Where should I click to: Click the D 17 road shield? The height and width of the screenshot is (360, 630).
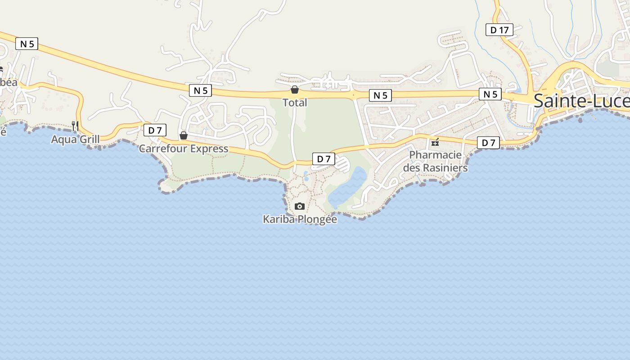[499, 30]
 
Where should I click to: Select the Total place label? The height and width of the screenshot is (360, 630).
[295, 103]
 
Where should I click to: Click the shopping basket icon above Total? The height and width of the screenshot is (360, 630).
[295, 90]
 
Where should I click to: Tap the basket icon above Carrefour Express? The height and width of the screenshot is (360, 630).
[184, 135]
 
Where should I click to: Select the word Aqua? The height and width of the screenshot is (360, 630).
[63, 139]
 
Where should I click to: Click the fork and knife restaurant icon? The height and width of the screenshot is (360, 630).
[75, 126]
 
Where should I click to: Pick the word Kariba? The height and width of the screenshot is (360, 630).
[279, 220]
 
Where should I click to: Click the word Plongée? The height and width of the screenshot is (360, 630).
[317, 220]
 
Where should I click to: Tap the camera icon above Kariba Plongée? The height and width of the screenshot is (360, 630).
[299, 206]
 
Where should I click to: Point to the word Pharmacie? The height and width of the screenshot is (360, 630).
[435, 155]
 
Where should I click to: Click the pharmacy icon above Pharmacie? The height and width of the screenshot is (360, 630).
[435, 142]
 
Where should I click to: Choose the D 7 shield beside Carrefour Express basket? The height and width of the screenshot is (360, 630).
[155, 130]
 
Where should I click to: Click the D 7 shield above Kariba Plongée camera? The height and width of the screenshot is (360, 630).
[324, 158]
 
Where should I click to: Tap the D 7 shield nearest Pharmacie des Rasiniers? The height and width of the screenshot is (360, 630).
[488, 143]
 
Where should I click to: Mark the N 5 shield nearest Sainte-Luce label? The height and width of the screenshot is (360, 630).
[490, 94]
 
